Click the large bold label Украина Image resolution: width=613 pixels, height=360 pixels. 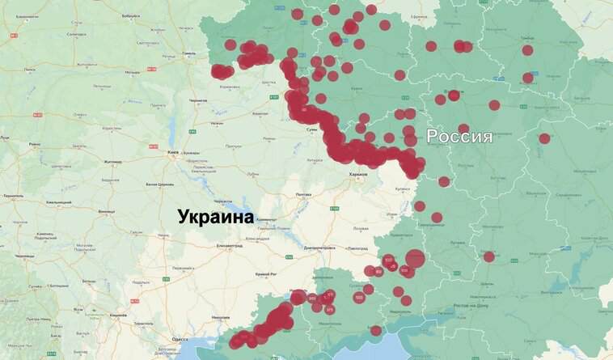(216, 216)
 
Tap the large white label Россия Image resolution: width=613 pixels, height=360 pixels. (459, 136)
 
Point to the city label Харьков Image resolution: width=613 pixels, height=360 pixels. (357, 174)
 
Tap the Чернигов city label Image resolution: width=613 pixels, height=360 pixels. (197, 100)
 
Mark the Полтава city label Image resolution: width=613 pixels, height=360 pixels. (304, 195)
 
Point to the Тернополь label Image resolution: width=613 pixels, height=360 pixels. (13, 197)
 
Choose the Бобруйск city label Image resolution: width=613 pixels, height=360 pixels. (129, 15)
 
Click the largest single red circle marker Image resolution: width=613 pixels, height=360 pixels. (415, 259)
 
